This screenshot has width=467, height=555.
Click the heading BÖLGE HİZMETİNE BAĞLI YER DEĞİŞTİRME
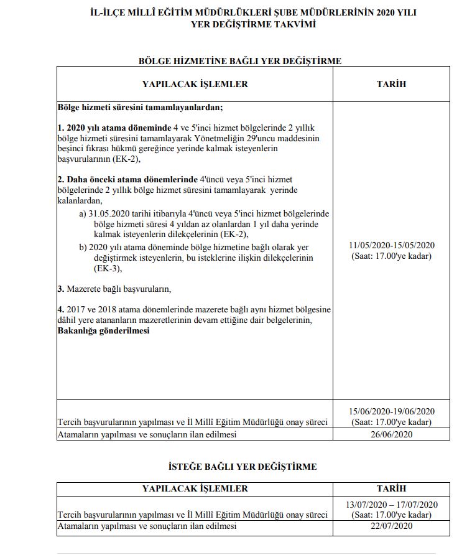pyautogui.click(x=239, y=60)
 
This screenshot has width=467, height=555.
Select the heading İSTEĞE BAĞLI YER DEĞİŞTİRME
pyautogui.click(x=243, y=467)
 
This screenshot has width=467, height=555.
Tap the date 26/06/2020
pyautogui.click(x=391, y=434)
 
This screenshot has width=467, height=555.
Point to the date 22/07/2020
pyautogui.click(x=391, y=526)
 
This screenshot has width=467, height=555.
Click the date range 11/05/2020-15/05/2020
pyautogui.click(x=391, y=245)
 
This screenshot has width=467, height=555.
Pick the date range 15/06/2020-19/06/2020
pyautogui.click(x=391, y=411)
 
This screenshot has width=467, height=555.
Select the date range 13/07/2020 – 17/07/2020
pyautogui.click(x=391, y=504)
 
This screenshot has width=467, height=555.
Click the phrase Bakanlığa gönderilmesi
pyautogui.click(x=103, y=331)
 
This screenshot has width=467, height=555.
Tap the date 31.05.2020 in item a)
pyautogui.click(x=111, y=213)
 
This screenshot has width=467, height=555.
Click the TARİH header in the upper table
pyautogui.click(x=391, y=84)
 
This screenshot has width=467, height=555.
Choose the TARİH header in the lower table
pyautogui.click(x=391, y=488)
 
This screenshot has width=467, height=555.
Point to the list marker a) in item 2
pyautogui.click(x=83, y=213)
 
